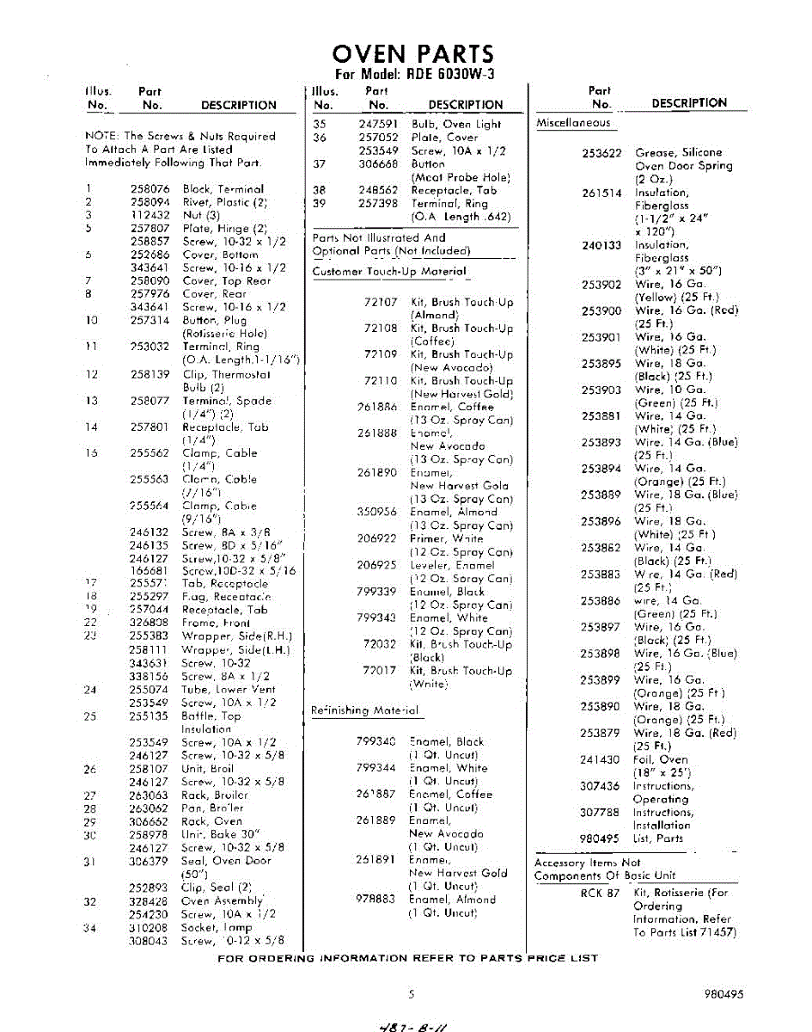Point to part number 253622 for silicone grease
[x=601, y=152]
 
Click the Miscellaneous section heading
[x=573, y=123]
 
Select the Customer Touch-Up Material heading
[x=389, y=272]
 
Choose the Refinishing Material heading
[x=365, y=710]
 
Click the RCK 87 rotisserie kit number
[x=600, y=893]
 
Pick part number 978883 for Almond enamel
[x=375, y=900]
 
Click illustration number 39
[x=320, y=203]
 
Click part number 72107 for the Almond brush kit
[x=380, y=302]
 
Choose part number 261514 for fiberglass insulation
[x=601, y=193]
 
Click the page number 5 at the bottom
[x=412, y=994]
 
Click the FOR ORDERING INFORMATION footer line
[x=408, y=957]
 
